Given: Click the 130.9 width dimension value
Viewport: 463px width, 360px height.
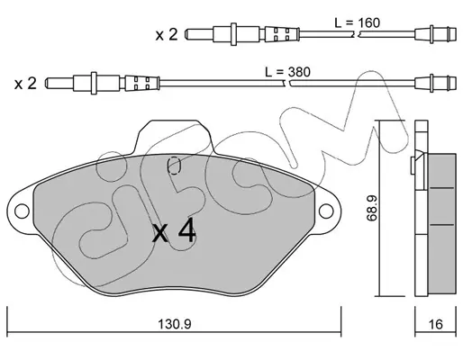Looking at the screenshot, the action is (x=175, y=324).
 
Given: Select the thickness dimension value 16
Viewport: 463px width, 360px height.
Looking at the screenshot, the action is (x=436, y=324).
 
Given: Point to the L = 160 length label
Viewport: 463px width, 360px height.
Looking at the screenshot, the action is (x=358, y=22).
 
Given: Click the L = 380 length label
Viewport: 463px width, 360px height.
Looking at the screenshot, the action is (x=287, y=72).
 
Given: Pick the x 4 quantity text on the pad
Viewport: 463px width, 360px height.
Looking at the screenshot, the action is (x=174, y=232).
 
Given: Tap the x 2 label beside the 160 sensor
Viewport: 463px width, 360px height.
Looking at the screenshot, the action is (x=167, y=34).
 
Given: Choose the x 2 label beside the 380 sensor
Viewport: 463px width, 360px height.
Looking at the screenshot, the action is (x=25, y=83).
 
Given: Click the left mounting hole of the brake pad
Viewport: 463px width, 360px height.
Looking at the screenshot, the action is (x=22, y=211).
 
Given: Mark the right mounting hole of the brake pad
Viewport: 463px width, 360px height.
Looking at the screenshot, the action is (x=326, y=211).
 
